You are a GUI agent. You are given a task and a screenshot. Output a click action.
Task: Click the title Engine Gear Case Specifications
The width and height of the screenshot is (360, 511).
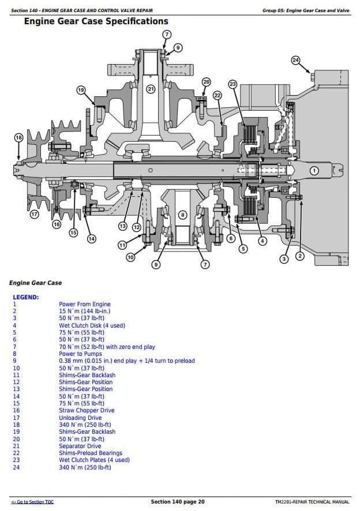pos(96,22)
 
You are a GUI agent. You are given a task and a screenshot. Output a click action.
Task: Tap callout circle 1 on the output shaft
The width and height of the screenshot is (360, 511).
pos(314,170)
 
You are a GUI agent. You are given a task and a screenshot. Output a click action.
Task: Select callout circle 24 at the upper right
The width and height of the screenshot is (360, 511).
pos(295,61)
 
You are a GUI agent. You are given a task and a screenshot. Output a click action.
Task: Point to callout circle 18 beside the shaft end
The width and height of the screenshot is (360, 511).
pos(18,137)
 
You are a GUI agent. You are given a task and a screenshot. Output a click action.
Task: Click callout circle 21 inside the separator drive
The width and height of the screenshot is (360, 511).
pos(151,89)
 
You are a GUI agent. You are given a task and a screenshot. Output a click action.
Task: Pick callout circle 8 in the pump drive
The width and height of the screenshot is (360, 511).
pos(182,215)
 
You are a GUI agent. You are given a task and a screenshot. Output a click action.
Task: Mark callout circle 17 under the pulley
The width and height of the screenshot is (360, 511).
pos(34,215)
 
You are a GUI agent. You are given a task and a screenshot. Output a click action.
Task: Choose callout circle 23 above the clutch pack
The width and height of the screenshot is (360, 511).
pos(232,84)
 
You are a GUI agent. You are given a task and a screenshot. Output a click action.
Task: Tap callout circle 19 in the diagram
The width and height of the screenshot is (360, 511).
pos(81,89)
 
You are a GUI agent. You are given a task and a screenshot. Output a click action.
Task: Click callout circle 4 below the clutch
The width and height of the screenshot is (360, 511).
pos(262,241)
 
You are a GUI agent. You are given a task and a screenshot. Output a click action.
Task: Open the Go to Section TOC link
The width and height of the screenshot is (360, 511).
pos(32,502)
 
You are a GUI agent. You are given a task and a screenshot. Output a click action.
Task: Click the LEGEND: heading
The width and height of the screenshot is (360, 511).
pos(25,297)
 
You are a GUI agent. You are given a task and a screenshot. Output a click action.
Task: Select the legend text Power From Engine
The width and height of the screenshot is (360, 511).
pos(84,304)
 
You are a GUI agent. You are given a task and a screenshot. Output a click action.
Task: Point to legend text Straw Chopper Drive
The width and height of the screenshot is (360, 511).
pos(87,411)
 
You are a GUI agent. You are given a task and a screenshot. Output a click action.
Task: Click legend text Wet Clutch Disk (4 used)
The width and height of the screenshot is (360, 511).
pos(92,325)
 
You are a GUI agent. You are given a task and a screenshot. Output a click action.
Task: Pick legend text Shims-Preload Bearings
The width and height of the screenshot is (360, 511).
pos(90,453)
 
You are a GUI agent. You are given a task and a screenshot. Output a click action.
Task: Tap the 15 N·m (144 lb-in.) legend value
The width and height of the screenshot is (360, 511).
pos(84,311)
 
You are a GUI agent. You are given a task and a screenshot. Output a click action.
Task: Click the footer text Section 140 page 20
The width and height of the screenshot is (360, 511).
pos(178,502)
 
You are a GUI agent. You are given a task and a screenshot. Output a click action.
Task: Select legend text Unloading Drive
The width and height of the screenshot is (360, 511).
pos(80,418)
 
